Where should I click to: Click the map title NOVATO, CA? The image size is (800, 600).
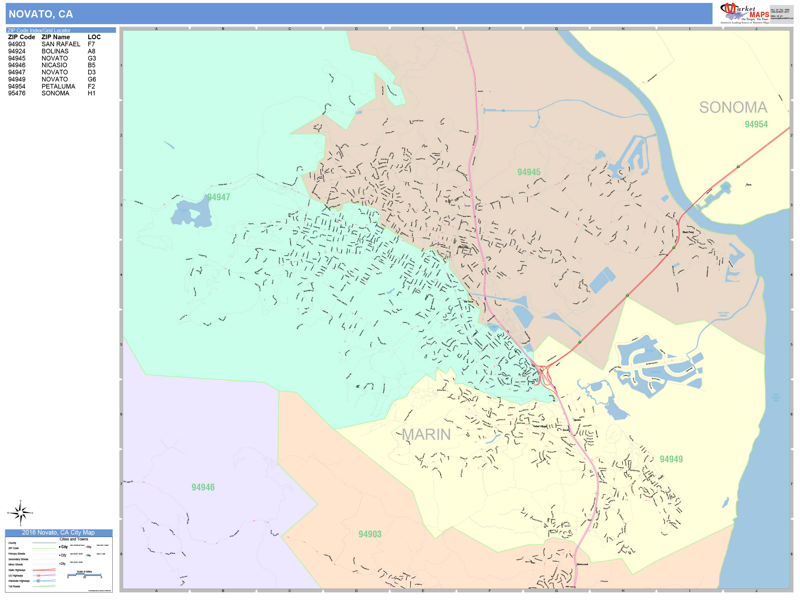[x=41, y=14]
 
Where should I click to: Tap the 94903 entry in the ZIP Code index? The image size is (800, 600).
[x=17, y=44]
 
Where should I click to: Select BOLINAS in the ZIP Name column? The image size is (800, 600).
[x=55, y=51]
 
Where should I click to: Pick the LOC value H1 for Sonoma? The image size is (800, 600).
[x=91, y=93]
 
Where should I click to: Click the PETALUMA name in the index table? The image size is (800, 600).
[x=58, y=86]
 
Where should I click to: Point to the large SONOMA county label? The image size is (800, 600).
[x=733, y=107]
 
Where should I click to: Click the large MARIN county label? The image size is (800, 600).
[x=426, y=434]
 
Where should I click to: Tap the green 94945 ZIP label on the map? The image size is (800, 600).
[x=529, y=172]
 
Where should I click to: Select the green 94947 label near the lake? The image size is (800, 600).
[x=219, y=197]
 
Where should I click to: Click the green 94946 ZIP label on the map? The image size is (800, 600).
[x=203, y=487]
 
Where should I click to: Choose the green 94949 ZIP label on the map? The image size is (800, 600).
[x=671, y=459]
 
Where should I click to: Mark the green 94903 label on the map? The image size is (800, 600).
[x=370, y=534]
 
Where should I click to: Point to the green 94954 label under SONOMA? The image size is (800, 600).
[x=756, y=124]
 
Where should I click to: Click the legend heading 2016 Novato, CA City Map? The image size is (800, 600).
[x=58, y=532]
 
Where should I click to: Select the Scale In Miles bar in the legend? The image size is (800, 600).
[x=84, y=574]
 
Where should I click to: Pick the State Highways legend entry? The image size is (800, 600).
[x=17, y=570]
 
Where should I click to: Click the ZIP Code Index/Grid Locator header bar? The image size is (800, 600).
[x=61, y=30]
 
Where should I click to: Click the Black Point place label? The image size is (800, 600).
[x=688, y=232]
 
